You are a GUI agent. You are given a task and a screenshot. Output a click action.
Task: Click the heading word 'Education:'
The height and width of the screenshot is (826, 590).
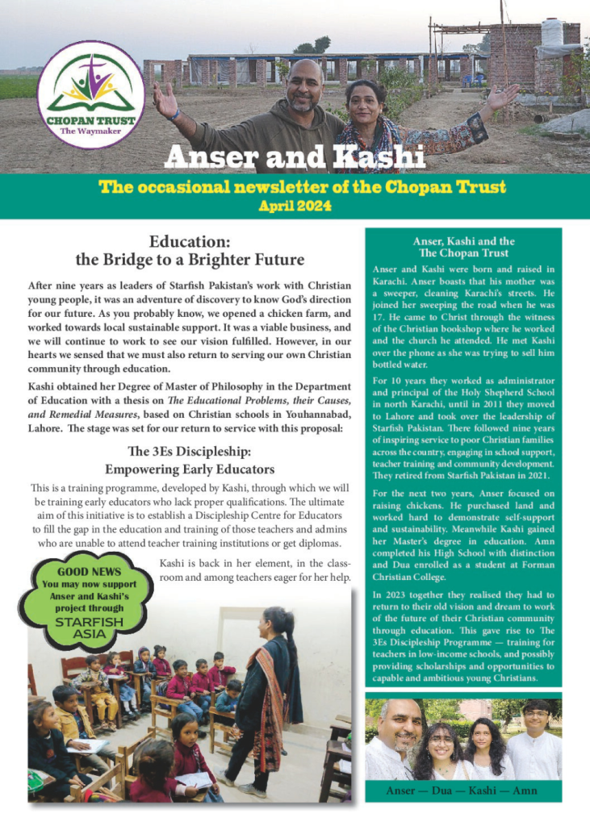coord(190,241)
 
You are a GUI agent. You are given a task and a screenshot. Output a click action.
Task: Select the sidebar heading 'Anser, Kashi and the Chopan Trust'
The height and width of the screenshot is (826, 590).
coord(463,247)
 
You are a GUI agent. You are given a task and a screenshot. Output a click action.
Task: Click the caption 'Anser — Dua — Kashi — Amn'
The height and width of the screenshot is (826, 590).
coord(463,791)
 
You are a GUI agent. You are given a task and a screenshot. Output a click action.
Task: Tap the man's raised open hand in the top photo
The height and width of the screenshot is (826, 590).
coord(165,98)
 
